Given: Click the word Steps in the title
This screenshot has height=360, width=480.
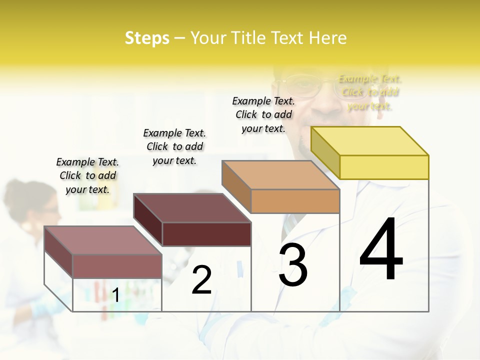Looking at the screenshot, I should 147,38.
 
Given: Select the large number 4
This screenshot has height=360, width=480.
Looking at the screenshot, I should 381,249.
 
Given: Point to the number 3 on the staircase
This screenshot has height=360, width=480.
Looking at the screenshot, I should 293,265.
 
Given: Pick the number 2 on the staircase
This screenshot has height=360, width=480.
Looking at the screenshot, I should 201,280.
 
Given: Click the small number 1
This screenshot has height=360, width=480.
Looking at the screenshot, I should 115,295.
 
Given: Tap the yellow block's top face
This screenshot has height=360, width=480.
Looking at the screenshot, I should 370,141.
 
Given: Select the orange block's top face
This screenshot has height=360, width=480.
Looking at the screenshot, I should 281,175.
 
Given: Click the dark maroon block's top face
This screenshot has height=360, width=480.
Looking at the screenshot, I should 192,208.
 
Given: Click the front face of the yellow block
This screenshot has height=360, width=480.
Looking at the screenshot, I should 384,167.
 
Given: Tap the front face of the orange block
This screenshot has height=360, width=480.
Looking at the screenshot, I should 295,201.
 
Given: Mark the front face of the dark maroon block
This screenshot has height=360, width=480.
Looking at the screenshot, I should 206,234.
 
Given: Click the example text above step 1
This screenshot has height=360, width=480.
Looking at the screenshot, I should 87,175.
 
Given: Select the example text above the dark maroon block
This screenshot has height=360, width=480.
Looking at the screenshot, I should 174,146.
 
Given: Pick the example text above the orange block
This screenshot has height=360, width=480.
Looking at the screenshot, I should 263,114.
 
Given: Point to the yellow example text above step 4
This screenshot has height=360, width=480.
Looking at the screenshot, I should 370,92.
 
